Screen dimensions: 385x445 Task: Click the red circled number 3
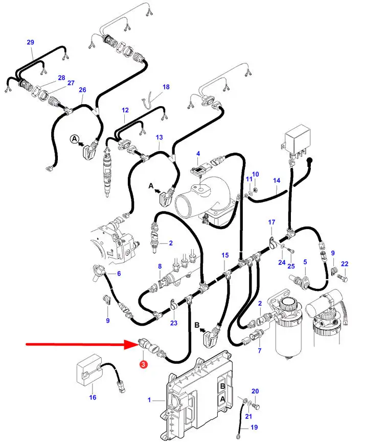[x=143, y=364]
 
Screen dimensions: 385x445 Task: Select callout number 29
[x=31, y=42]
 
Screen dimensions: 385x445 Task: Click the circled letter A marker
[x=75, y=139]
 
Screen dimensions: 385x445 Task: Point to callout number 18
[x=166, y=87]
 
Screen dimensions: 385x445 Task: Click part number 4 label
[x=198, y=154]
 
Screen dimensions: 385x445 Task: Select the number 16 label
[x=93, y=398]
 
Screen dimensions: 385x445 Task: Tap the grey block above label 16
[x=88, y=370]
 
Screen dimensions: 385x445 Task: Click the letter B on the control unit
[x=222, y=386]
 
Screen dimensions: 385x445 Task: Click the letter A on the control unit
[x=222, y=399]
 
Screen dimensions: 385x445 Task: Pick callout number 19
[x=254, y=427]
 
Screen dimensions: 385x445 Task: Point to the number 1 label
[x=149, y=400]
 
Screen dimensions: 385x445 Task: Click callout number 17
[x=271, y=222]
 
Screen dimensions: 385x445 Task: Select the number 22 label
[x=345, y=264]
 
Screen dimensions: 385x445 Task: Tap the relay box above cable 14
[x=297, y=139]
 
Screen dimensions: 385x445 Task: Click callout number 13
[x=159, y=137]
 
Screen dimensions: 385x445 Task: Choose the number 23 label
[x=174, y=323]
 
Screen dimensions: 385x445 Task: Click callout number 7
[x=260, y=351]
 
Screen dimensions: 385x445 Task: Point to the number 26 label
[x=82, y=90]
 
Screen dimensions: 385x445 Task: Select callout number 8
[x=160, y=266]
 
